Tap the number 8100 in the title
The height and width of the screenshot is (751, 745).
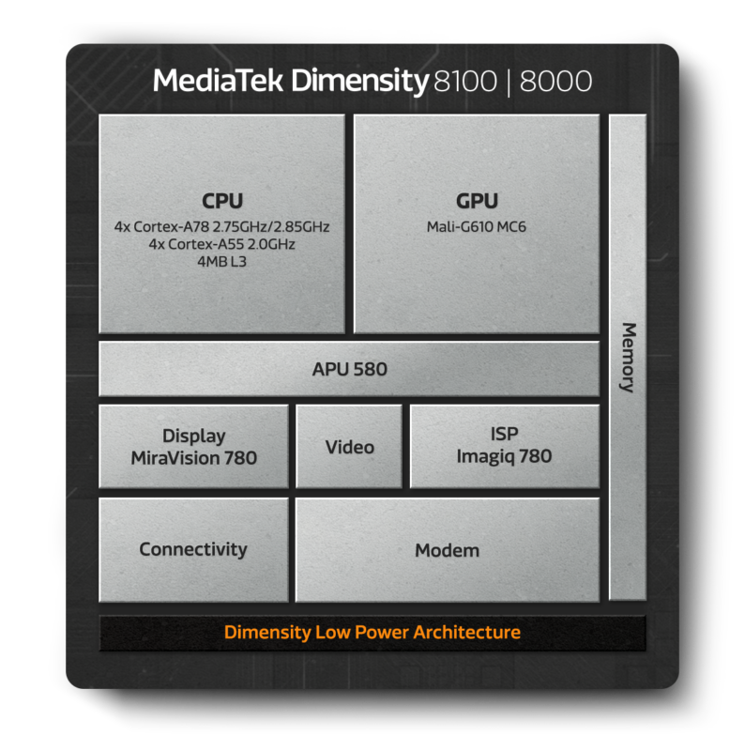(465, 82)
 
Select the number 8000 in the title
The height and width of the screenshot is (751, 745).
(555, 82)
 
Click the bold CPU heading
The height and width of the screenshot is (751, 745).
(221, 201)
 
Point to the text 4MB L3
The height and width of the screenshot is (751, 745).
(222, 261)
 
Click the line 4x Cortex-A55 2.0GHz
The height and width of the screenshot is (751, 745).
(222, 244)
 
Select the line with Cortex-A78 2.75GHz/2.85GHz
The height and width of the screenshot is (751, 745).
(222, 227)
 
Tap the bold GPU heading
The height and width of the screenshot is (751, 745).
(477, 201)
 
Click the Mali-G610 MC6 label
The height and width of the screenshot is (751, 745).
(477, 226)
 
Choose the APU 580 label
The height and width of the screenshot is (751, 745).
(349, 370)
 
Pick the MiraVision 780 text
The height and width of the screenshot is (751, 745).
(194, 458)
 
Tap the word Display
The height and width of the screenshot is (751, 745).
(194, 436)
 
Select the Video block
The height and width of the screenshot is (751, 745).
(349, 447)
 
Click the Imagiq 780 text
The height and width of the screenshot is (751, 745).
(504, 457)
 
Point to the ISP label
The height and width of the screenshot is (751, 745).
(504, 435)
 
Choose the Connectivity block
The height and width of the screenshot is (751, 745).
(193, 549)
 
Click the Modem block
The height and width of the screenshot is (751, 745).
(447, 550)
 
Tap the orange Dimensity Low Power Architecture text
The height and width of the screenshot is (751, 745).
(372, 633)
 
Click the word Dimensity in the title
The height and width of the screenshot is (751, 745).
(359, 82)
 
